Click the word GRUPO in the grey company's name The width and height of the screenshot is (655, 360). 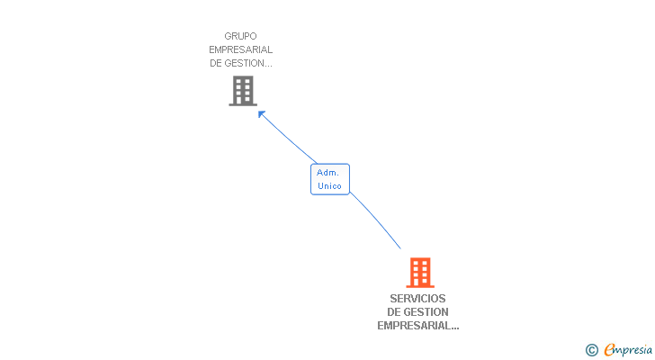click(x=240, y=36)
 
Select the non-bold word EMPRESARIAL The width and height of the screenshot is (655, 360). click(x=240, y=49)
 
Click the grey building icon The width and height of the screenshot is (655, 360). click(x=243, y=91)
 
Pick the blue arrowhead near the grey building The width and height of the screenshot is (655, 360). click(x=262, y=113)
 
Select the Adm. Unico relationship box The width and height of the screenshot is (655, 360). click(x=329, y=179)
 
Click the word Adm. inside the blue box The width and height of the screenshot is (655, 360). click(x=327, y=172)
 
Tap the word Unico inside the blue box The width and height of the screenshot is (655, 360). click(x=329, y=186)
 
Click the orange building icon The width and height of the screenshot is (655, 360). click(x=419, y=273)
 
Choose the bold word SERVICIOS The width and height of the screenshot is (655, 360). click(x=417, y=299)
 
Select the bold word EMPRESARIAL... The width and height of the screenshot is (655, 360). click(x=416, y=326)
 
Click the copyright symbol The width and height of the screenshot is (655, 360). click(x=592, y=350)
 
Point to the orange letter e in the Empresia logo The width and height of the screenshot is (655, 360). click(x=610, y=350)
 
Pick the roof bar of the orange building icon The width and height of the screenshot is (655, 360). click(x=419, y=259)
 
